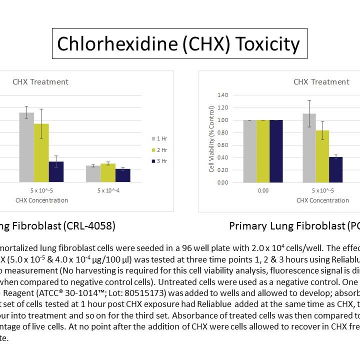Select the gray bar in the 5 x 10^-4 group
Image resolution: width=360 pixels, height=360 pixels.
click(x=93, y=173)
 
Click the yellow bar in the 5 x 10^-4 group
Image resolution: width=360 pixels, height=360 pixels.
click(x=108, y=172)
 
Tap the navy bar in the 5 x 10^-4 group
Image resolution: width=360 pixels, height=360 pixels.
click(x=123, y=175)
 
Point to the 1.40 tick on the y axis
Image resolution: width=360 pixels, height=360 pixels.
click(x=222, y=95)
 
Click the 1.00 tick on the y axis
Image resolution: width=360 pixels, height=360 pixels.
click(x=222, y=120)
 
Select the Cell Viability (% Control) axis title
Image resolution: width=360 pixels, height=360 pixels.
click(x=211, y=139)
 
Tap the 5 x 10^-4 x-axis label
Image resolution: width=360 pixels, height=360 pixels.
click(x=108, y=190)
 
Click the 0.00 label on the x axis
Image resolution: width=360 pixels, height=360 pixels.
click(x=263, y=190)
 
